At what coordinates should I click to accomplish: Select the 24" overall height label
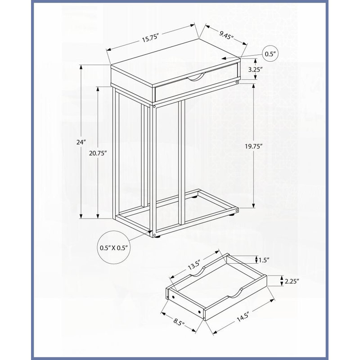tap(81, 142)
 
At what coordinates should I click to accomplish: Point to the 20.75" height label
tap(98, 153)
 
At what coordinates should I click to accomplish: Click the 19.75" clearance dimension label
tap(253, 146)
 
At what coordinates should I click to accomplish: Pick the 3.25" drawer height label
tap(255, 69)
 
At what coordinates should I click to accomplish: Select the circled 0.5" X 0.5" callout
tap(114, 247)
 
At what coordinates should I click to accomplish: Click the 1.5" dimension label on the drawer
tap(264, 260)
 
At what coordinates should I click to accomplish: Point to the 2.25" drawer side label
tap(292, 281)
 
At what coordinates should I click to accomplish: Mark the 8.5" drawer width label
tap(179, 322)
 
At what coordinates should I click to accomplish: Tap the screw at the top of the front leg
tap(154, 107)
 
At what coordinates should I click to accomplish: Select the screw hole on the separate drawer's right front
tap(199, 312)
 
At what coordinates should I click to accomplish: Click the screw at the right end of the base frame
tap(237, 210)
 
